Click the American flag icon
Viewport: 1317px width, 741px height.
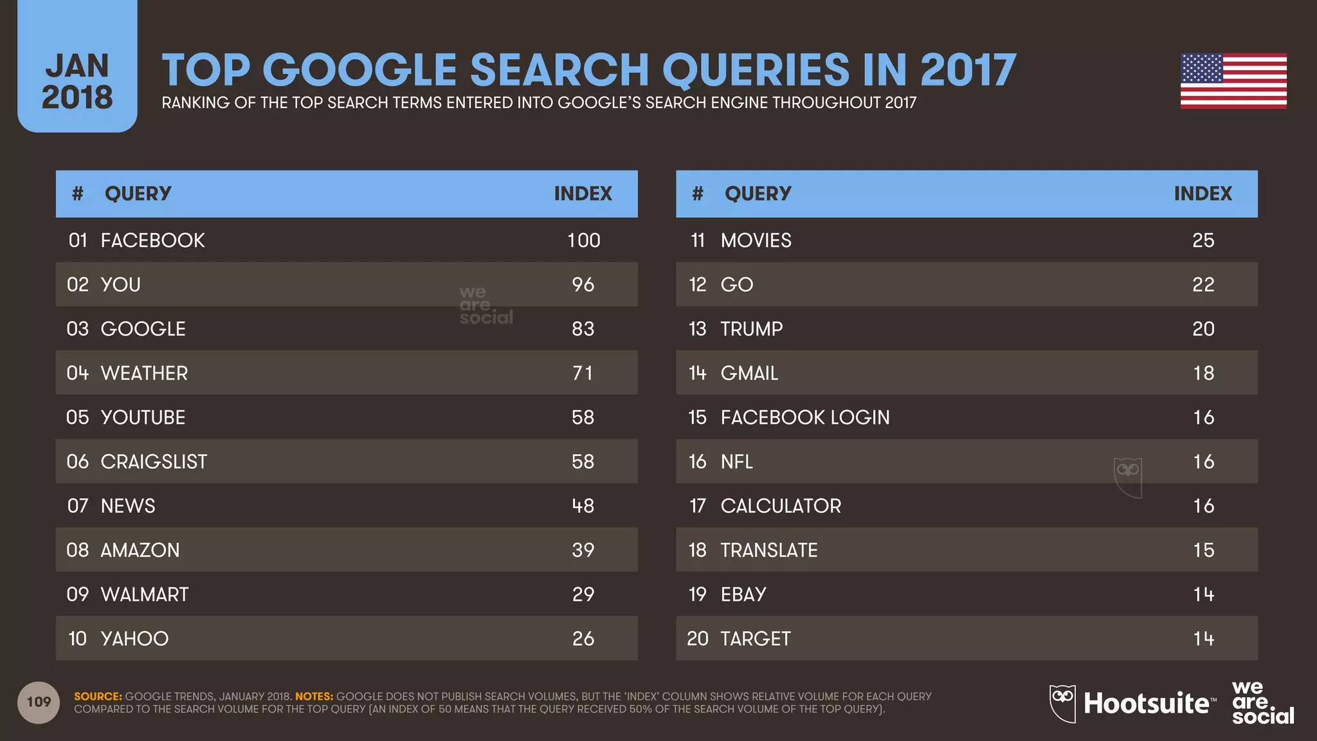1233,81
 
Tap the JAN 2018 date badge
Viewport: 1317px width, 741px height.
77,81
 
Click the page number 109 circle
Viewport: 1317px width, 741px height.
39,702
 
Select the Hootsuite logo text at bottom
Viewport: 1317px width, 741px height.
1146,703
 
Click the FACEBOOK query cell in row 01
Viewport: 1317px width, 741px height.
152,241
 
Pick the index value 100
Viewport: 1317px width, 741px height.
583,241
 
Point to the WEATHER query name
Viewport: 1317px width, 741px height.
144,373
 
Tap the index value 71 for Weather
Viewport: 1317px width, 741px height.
583,373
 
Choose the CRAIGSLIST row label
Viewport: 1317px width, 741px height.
154,462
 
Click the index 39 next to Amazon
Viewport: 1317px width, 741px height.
583,550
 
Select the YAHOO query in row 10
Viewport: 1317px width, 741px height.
134,639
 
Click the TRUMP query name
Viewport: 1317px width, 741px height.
751,329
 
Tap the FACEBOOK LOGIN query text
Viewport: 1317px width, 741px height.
804,417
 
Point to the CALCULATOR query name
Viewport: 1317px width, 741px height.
780,506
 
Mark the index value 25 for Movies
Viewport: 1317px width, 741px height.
1203,241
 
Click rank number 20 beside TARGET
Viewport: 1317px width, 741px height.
697,639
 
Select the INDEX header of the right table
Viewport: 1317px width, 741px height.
1203,194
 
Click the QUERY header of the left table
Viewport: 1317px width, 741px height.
138,194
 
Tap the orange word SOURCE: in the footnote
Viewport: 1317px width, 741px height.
98,697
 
